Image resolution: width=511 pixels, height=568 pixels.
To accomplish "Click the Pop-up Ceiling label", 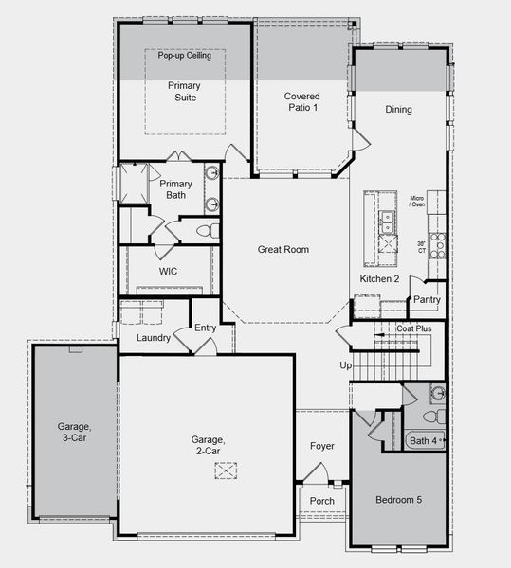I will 185,56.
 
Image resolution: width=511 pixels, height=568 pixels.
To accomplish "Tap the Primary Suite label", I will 184,91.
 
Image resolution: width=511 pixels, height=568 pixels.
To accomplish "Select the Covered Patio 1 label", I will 301,102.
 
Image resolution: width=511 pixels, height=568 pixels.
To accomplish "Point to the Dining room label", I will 398,110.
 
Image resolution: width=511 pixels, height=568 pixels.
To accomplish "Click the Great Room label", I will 283,250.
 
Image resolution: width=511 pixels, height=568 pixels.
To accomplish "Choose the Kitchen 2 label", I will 379,279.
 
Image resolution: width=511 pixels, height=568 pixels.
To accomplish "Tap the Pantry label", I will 423,299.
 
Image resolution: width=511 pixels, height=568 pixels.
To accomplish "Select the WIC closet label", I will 168,272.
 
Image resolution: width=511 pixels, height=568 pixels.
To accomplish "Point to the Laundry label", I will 153,338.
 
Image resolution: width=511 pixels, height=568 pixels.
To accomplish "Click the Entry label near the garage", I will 205,328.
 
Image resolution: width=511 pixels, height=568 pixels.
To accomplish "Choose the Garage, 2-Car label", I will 207,445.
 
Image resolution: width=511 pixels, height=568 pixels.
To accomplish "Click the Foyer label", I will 322,446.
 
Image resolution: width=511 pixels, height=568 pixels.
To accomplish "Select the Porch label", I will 322,502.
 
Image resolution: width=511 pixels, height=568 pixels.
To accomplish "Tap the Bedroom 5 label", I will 397,499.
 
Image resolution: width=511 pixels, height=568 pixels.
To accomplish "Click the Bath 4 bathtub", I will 424,440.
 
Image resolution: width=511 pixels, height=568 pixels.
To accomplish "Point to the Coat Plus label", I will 414,328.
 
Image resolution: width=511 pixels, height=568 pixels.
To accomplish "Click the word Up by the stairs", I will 346,365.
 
